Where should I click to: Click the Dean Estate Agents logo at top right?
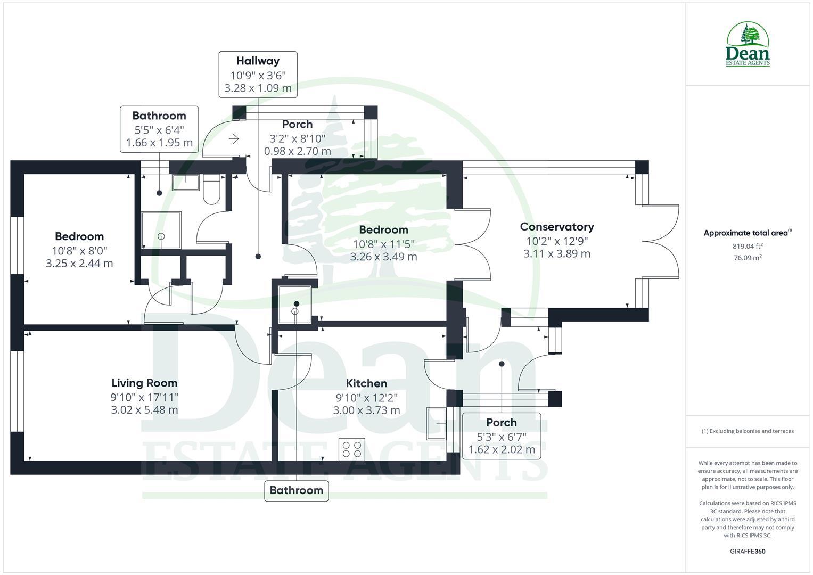[748, 45]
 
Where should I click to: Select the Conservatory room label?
[557, 227]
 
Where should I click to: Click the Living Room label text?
[144, 383]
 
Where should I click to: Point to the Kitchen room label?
[366, 383]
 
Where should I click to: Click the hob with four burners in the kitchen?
[352, 448]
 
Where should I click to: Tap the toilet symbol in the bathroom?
[211, 191]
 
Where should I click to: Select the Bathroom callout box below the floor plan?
[297, 490]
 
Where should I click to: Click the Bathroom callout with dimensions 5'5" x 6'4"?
[159, 129]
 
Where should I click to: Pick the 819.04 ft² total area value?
[748, 246]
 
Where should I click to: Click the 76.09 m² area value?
[748, 258]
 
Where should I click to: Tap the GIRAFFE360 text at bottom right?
[748, 551]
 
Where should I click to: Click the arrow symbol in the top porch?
[234, 139]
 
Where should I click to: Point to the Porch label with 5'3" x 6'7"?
[502, 436]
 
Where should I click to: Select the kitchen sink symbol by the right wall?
[436, 424]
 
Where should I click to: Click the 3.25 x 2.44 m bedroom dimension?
[79, 264]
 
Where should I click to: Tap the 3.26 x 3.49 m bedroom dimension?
[383, 257]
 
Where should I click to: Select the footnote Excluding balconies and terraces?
[748, 431]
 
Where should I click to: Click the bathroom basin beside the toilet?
[186, 182]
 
